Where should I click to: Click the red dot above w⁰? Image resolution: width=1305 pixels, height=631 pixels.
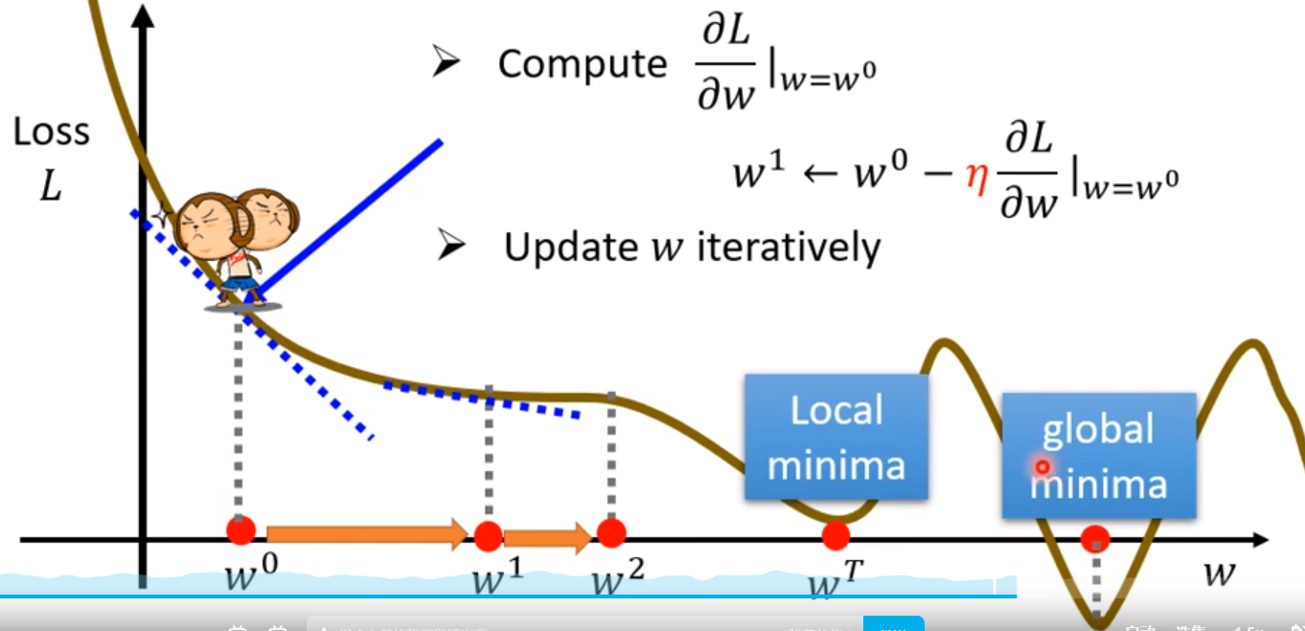[x=240, y=531]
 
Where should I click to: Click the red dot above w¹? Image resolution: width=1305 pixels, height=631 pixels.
[x=488, y=534]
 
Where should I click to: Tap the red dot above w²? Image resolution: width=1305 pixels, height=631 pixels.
[x=610, y=533]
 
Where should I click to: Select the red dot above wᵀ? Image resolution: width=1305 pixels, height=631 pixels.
[x=836, y=535]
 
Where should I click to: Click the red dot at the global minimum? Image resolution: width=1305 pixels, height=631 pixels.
[x=1095, y=540]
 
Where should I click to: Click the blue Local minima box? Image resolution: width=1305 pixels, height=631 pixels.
[x=836, y=437]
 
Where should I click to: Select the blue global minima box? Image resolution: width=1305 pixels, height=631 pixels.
[x=1098, y=456]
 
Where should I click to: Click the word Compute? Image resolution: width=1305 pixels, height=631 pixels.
[x=582, y=64]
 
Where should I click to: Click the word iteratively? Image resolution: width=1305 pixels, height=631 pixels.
[x=788, y=247]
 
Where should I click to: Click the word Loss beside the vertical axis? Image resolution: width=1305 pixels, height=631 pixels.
[x=52, y=132]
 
